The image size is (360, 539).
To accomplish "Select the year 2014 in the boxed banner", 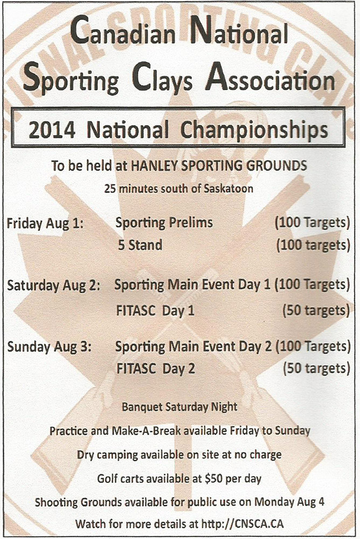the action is pyautogui.click(x=52, y=130).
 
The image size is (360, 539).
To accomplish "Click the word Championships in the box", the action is pyautogui.click(x=254, y=131).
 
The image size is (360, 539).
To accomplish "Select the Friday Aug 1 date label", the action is pyautogui.click(x=45, y=224).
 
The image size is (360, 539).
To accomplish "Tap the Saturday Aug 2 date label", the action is pyautogui.click(x=53, y=286).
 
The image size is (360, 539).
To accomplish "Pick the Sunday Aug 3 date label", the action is pyautogui.click(x=49, y=347).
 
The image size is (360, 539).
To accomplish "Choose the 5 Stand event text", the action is pyautogui.click(x=140, y=245).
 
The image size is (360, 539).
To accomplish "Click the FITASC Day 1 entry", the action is pyautogui.click(x=155, y=311).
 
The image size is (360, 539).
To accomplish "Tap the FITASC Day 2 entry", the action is pyautogui.click(x=156, y=369).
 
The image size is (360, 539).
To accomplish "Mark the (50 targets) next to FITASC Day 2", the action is pyautogui.click(x=316, y=369).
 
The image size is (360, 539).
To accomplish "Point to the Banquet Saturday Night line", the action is pyautogui.click(x=179, y=407).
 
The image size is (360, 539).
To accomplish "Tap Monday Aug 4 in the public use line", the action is pyautogui.click(x=289, y=502).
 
